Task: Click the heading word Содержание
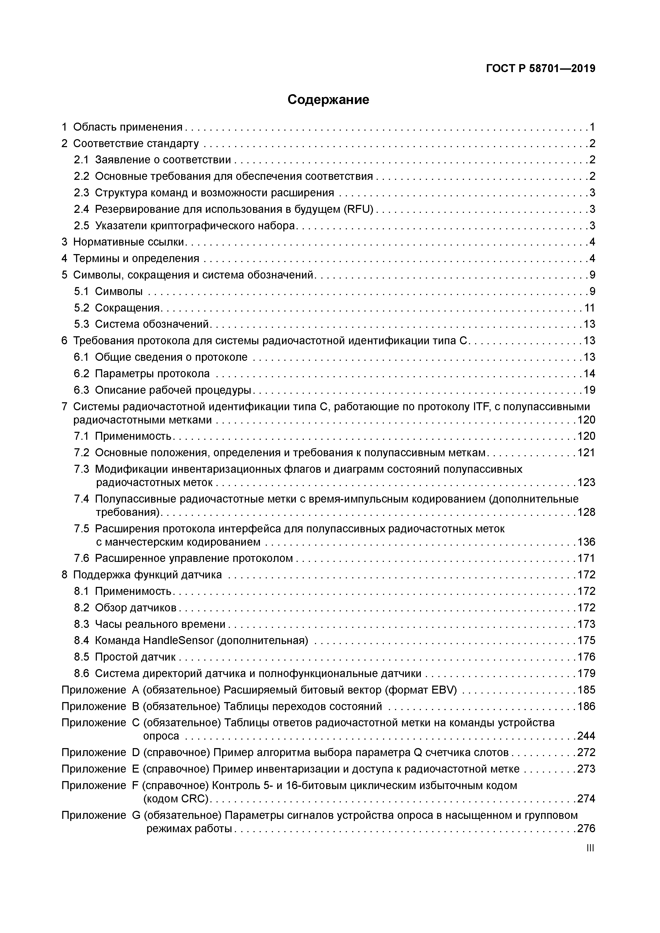click(328, 99)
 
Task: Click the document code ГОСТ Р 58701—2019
click(541, 69)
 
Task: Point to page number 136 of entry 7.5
click(586, 542)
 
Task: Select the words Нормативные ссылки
click(129, 242)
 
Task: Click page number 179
click(586, 673)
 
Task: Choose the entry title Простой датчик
click(135, 657)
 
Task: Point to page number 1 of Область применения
click(592, 127)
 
